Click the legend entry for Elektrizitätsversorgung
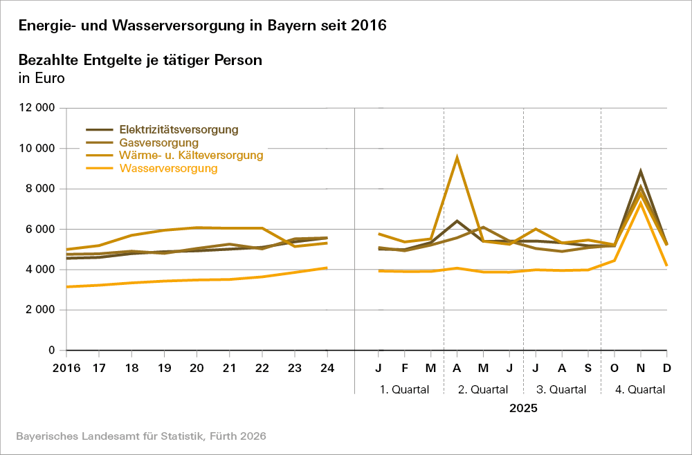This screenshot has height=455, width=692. [179, 129]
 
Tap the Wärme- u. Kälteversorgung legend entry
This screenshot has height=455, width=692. [191, 156]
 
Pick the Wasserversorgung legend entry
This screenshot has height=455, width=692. [168, 169]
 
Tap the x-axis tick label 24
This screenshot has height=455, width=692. [327, 368]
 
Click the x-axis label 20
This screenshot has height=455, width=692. [197, 368]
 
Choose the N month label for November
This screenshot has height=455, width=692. [641, 368]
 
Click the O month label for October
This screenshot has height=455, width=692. [614, 368]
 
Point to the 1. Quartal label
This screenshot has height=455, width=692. [405, 389]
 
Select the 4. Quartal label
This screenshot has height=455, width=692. [640, 389]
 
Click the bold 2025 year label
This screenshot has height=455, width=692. [523, 408]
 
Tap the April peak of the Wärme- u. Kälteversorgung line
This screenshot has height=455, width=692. [457, 158]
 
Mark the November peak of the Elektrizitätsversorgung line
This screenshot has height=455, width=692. [641, 171]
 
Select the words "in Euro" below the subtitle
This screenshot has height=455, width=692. [42, 77]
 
